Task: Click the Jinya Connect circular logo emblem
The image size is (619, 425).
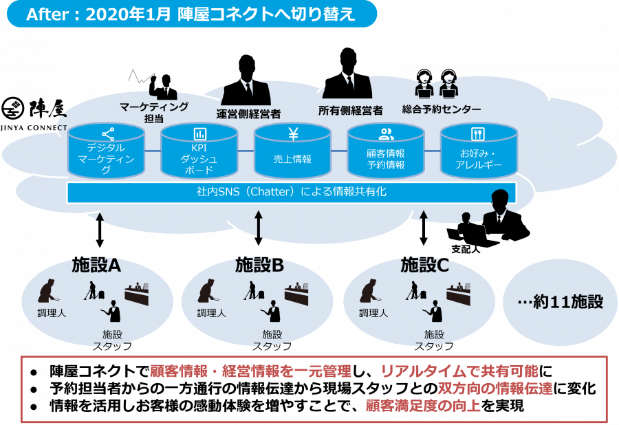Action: (13, 109)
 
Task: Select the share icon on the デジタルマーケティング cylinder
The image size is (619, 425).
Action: (108, 134)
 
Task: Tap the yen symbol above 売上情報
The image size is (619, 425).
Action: (292, 134)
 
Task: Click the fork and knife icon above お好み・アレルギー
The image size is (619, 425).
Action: (478, 134)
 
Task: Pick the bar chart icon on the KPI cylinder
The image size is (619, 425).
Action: (199, 134)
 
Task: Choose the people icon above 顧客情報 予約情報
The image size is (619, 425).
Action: (386, 134)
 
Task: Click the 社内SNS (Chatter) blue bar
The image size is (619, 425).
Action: (292, 193)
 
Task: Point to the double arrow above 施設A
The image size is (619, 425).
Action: (100, 230)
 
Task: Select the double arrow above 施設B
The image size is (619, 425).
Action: (259, 228)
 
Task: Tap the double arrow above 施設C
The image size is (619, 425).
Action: (424, 228)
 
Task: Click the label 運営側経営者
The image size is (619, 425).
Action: (248, 114)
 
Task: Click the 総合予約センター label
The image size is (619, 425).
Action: (442, 109)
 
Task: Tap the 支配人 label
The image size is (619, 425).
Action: (466, 250)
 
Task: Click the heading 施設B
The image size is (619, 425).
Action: (259, 265)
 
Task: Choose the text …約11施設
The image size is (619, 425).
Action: (560, 302)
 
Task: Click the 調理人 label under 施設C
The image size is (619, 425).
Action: (373, 314)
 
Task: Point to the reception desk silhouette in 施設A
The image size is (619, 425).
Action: (137, 294)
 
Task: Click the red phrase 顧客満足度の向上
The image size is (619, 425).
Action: (423, 406)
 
